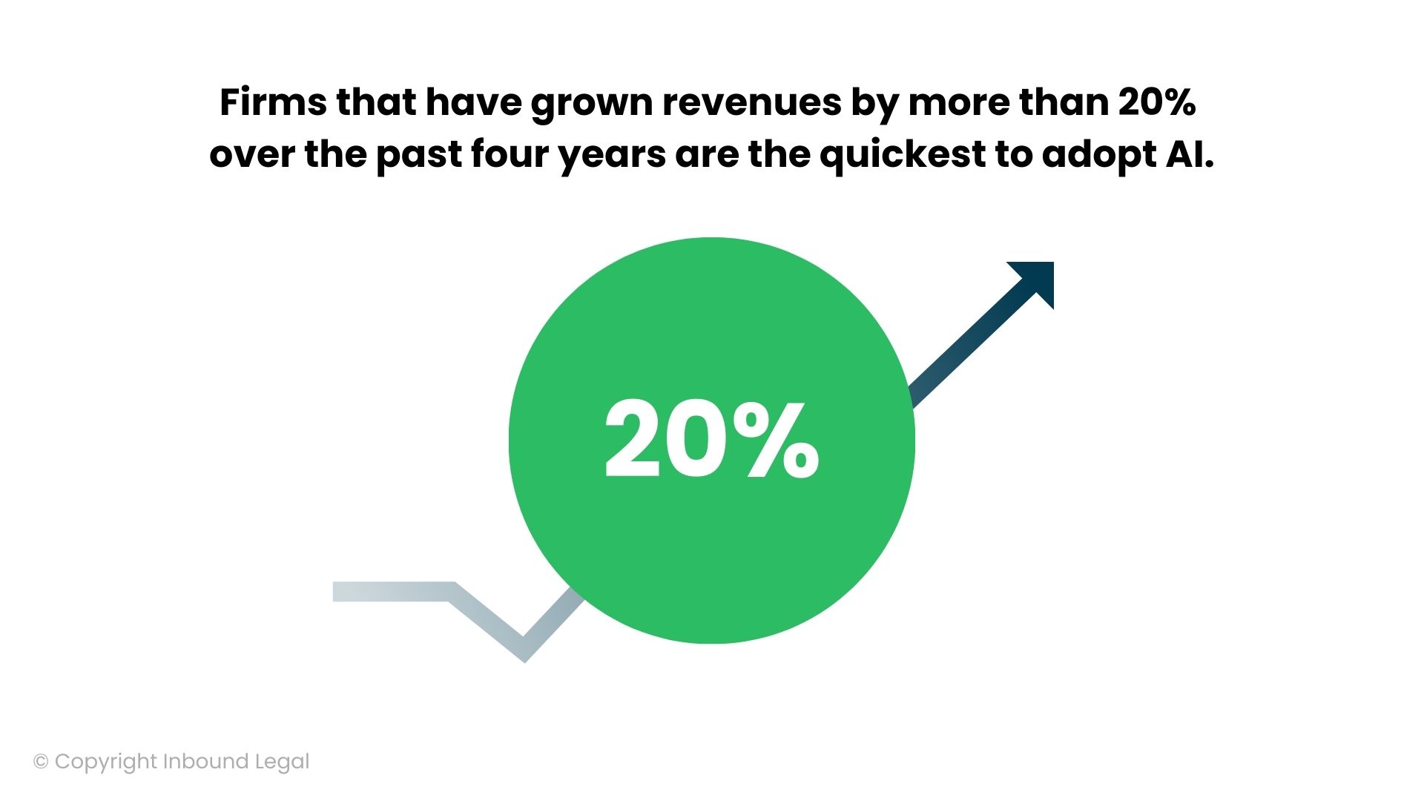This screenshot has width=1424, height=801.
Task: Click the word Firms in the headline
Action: (x=272, y=102)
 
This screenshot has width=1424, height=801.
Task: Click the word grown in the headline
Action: (x=591, y=104)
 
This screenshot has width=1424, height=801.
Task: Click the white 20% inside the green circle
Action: (x=712, y=439)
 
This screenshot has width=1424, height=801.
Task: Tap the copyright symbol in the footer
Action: (x=41, y=762)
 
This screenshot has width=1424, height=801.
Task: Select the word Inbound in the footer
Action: (x=205, y=762)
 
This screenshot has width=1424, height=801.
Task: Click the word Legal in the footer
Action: (x=282, y=762)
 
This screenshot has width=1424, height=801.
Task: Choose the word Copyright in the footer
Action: (x=106, y=762)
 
